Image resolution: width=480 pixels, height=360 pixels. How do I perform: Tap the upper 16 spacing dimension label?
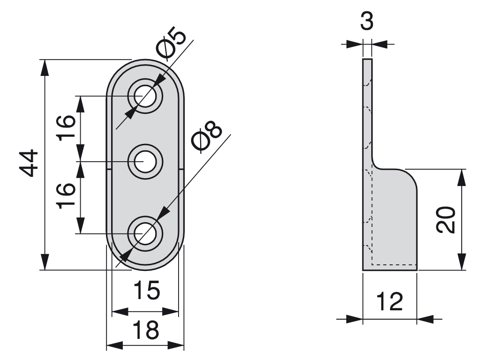(67, 127)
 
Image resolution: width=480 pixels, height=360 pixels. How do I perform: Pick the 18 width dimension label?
(145, 330)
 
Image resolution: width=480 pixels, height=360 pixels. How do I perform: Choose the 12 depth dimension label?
(390, 301)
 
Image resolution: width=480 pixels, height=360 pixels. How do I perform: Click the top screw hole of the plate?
(145, 96)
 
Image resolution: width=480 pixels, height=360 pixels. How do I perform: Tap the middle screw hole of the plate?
(145, 162)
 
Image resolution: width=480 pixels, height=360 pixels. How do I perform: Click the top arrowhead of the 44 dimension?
(45, 67)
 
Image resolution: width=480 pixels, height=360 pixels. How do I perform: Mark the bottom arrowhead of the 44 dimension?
(45, 262)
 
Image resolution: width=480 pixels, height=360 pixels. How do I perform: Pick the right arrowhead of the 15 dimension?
(172, 311)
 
